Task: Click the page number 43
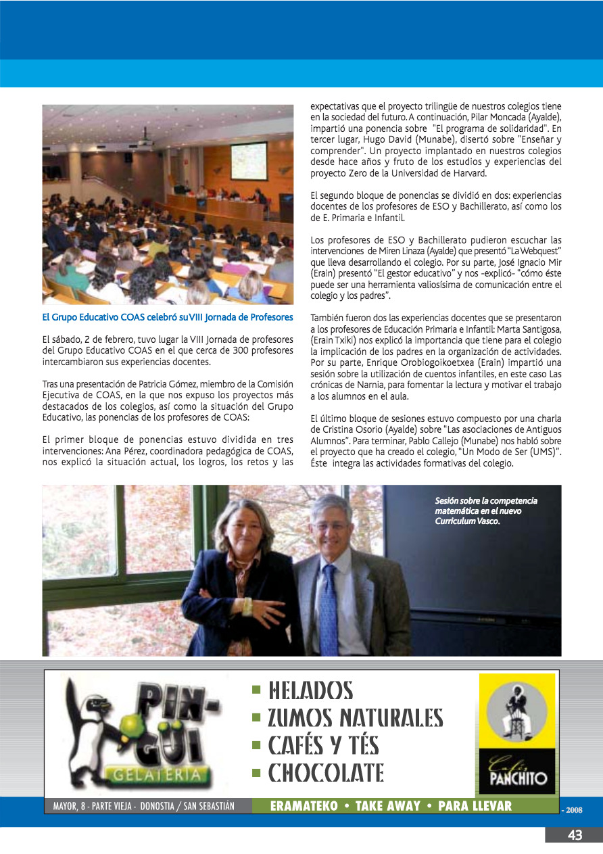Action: pyautogui.click(x=575, y=835)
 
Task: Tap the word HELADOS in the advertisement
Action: pyautogui.click(x=310, y=690)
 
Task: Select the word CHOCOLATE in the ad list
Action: pyautogui.click(x=326, y=772)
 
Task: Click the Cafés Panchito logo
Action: pyautogui.click(x=517, y=734)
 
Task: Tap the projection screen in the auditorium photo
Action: pyautogui.click(x=248, y=160)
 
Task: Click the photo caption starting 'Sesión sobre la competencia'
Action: pyautogui.click(x=486, y=511)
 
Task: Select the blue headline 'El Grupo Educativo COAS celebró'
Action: pyautogui.click(x=168, y=317)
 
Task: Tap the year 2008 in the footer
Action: pyautogui.click(x=573, y=809)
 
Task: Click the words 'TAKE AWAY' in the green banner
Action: pyautogui.click(x=387, y=806)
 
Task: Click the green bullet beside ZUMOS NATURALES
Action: pyautogui.click(x=256, y=717)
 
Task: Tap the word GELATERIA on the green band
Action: pyautogui.click(x=156, y=775)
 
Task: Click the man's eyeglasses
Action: pyautogui.click(x=329, y=525)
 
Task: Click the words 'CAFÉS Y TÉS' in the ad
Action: pyautogui.click(x=323, y=745)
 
